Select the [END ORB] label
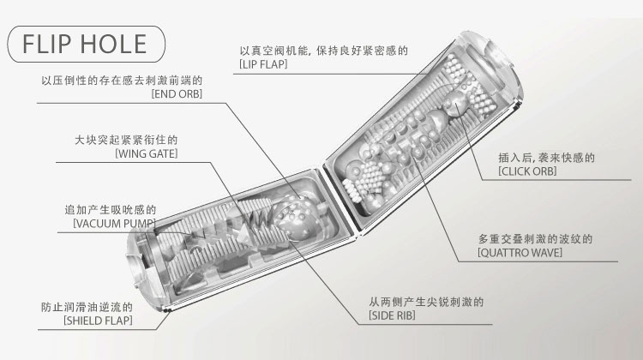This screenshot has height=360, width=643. (x=176, y=94)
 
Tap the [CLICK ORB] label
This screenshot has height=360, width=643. (x=527, y=172)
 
